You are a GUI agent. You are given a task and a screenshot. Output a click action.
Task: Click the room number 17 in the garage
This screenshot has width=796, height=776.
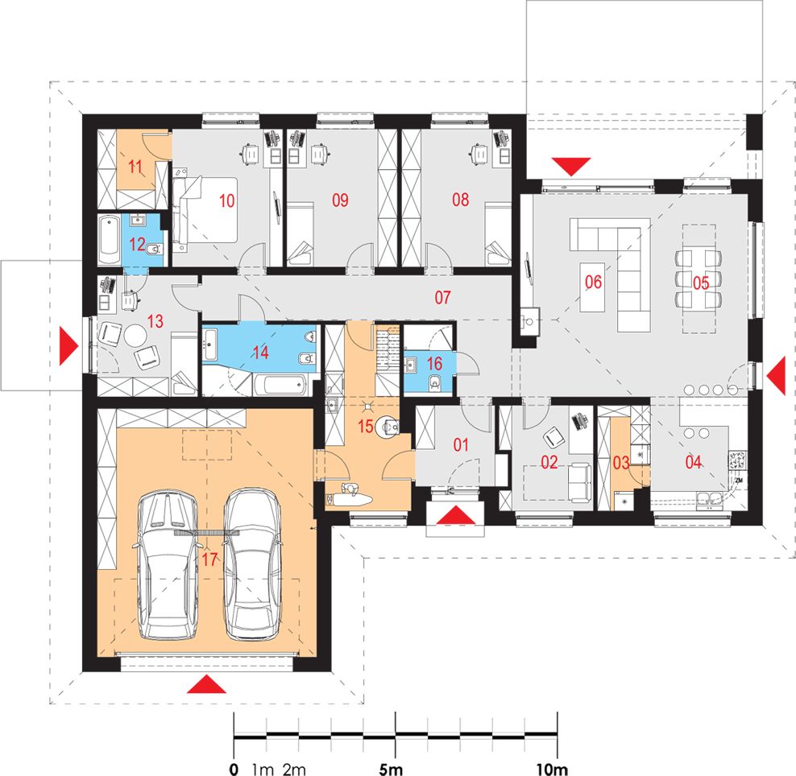(x=209, y=559)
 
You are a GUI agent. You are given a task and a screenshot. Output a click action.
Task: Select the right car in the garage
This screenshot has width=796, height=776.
(x=252, y=563)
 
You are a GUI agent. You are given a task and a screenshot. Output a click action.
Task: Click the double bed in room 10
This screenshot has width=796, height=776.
(x=205, y=209)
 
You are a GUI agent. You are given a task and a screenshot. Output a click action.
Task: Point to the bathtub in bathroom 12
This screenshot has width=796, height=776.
(x=109, y=241)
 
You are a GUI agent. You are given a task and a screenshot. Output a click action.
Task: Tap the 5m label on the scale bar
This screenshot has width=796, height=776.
(x=391, y=769)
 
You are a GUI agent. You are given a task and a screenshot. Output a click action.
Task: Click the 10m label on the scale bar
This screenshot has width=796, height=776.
(x=552, y=769)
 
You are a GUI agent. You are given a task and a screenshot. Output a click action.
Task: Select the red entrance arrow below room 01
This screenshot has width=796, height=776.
(x=456, y=514)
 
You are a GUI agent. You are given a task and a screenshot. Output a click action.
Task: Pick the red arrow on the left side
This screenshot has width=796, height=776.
(x=68, y=345)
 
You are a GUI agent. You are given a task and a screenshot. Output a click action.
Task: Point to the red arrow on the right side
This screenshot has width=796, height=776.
(x=776, y=376)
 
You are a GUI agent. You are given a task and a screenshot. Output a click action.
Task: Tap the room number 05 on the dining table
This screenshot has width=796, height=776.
(x=701, y=283)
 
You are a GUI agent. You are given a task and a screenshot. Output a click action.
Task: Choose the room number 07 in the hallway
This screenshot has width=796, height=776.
(x=442, y=297)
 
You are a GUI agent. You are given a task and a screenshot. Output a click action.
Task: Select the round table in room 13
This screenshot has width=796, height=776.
(x=135, y=335)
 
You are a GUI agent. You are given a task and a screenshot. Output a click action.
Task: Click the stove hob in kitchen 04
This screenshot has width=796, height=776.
(x=737, y=460)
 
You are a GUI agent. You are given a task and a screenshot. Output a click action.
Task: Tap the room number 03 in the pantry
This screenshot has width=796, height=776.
(x=621, y=462)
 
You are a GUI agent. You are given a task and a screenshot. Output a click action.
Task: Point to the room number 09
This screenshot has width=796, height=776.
(x=340, y=200)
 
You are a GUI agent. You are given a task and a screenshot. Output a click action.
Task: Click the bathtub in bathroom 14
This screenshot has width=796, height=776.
(x=280, y=385)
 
